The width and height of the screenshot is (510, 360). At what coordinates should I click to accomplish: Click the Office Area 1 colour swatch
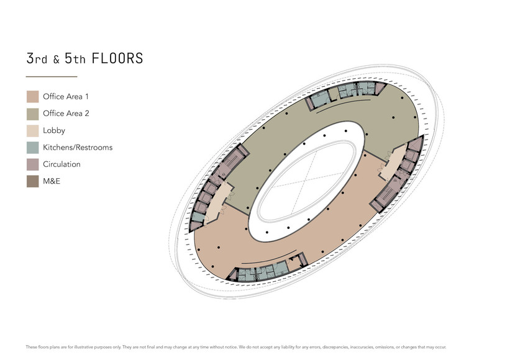(32, 96)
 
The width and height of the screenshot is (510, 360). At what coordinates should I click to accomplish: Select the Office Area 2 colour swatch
(32, 114)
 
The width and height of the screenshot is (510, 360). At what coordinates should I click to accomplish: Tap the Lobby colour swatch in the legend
(32, 130)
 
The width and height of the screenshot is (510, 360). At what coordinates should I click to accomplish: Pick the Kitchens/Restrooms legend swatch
(32, 148)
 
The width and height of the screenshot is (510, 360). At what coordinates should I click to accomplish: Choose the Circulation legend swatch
(32, 164)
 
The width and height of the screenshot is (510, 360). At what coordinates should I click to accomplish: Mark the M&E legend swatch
(32, 181)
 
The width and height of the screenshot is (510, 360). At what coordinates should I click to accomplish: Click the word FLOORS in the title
(117, 58)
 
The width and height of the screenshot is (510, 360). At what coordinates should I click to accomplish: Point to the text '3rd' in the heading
(37, 58)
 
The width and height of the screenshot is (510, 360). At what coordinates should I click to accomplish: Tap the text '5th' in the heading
(75, 58)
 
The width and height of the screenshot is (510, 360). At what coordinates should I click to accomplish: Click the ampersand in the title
(57, 60)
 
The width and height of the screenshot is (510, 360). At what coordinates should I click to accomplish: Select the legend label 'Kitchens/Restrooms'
(78, 148)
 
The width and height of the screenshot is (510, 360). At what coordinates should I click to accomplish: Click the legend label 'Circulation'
(61, 164)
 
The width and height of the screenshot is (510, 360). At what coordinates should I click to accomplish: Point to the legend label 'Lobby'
(54, 131)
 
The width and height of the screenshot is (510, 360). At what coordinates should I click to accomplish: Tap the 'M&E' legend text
(52, 181)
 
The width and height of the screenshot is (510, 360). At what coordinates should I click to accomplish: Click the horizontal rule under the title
(52, 77)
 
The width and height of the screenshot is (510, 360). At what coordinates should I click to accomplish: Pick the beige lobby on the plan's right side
(393, 163)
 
